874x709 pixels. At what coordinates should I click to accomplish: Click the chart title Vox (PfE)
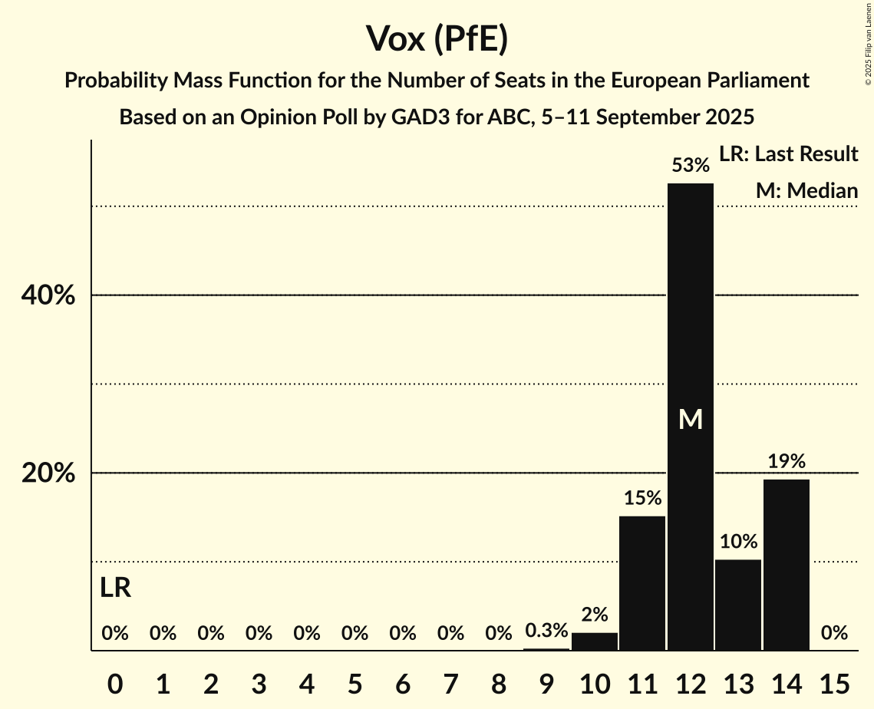pyautogui.click(x=437, y=38)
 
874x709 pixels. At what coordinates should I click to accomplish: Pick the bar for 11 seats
pyautogui.click(x=642, y=583)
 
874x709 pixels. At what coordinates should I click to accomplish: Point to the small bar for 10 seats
pyautogui.click(x=595, y=641)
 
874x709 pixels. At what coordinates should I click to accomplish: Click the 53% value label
pyautogui.click(x=690, y=165)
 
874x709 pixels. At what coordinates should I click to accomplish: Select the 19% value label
pyautogui.click(x=786, y=461)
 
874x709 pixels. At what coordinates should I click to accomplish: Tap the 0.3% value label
pyautogui.click(x=546, y=631)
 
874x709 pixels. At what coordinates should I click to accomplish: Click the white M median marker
pyautogui.click(x=691, y=419)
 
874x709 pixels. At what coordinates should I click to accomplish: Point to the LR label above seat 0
pyautogui.click(x=115, y=589)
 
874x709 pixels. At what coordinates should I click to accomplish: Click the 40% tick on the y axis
pyautogui.click(x=48, y=295)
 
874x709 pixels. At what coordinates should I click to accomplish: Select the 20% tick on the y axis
pyautogui.click(x=48, y=473)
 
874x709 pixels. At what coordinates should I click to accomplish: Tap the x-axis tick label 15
pyautogui.click(x=834, y=681)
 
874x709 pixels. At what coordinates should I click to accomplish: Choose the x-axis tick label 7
pyautogui.click(x=450, y=681)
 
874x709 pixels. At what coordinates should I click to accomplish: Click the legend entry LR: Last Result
pyautogui.click(x=788, y=154)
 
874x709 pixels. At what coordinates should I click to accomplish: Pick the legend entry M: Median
pyautogui.click(x=806, y=190)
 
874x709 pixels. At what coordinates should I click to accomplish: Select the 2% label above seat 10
pyautogui.click(x=595, y=614)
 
